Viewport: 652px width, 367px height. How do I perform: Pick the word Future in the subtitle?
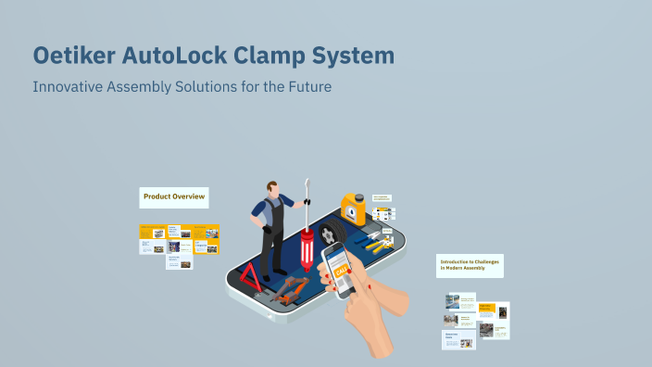click(x=307, y=87)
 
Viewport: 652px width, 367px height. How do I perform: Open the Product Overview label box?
click(x=173, y=196)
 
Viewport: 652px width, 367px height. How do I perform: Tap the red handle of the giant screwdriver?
click(x=307, y=251)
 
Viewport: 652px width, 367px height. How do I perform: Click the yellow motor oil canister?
click(x=353, y=210)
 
